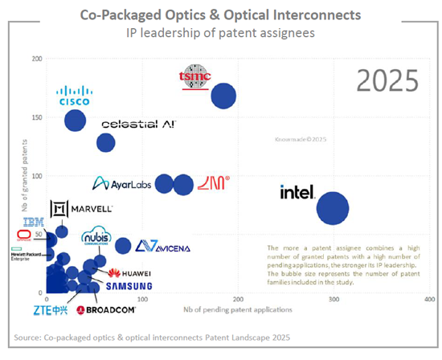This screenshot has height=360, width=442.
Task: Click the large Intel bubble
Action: coord(333,208)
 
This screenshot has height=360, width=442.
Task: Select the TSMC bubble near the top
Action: coord(223,96)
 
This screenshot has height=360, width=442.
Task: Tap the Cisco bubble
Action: coord(76,121)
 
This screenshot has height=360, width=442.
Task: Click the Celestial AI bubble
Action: coord(106,142)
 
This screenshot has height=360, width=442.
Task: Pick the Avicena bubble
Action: coord(123,246)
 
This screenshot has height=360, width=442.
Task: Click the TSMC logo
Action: coord(194,76)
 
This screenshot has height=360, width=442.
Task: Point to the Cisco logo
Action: coord(74,96)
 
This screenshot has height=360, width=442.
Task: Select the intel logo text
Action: coord(296,192)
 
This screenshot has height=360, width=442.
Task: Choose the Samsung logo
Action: coord(129,286)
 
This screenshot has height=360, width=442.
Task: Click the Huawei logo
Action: coord(129,273)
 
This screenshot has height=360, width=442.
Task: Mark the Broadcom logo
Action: coord(107,309)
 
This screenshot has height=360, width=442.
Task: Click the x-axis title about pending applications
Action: coord(239,309)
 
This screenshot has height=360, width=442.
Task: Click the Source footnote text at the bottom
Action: coord(153,337)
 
